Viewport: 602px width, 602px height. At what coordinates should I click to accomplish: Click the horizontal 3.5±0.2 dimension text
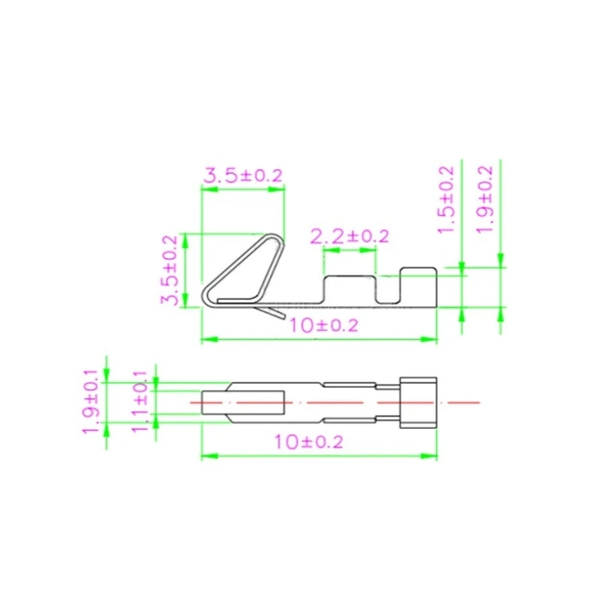[x=243, y=176]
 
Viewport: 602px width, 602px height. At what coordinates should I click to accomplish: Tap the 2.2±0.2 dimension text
[x=350, y=236]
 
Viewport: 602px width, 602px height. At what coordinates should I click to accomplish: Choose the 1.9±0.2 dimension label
[x=485, y=199]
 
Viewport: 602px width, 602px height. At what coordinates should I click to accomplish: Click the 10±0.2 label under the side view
[x=323, y=326]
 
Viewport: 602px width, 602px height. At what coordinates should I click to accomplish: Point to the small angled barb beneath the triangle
[x=269, y=309]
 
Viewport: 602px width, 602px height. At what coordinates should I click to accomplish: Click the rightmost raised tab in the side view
[x=418, y=285]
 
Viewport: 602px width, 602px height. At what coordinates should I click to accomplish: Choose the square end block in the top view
[x=418, y=403]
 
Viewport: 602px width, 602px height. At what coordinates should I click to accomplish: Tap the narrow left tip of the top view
[x=214, y=403]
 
